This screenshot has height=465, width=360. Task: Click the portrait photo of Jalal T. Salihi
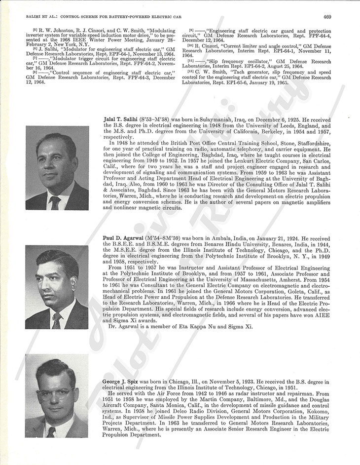click(x=57, y=168)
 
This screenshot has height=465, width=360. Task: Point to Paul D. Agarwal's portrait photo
click(x=57, y=288)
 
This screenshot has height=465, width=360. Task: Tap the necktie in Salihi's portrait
click(x=55, y=202)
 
